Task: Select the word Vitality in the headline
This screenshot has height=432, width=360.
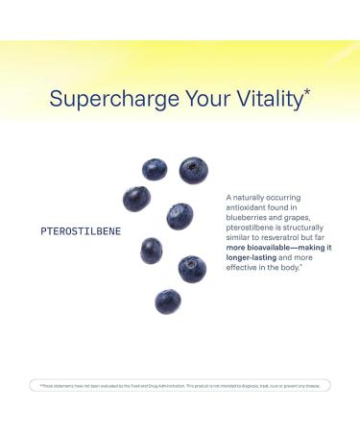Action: (261, 98)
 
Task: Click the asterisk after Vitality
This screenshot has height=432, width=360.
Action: (306, 91)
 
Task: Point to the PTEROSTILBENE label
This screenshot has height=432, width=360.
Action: (82, 231)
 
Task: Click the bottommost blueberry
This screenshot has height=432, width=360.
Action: (168, 301)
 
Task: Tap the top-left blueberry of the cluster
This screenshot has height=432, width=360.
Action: (155, 170)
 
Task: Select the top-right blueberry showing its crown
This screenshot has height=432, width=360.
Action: (193, 171)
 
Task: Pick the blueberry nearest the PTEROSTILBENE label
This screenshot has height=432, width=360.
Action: (136, 199)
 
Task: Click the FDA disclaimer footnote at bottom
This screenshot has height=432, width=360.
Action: (180, 385)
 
